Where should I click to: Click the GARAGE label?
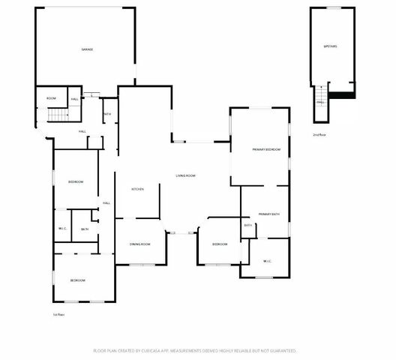[x=87, y=49]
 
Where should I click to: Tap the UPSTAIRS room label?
[x=330, y=46]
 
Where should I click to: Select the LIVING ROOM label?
[x=186, y=175]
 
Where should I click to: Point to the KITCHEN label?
[x=138, y=189]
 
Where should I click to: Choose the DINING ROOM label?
[x=140, y=244]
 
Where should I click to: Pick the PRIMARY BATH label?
[x=268, y=215]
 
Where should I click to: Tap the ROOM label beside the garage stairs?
[x=51, y=98]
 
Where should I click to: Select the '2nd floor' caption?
[x=319, y=135]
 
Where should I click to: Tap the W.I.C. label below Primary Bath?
[x=268, y=261]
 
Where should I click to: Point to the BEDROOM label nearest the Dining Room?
[x=220, y=244]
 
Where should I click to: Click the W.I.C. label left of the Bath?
[x=63, y=229]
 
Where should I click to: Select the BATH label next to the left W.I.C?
[x=85, y=229]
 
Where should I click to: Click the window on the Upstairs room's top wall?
[x=332, y=8]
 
